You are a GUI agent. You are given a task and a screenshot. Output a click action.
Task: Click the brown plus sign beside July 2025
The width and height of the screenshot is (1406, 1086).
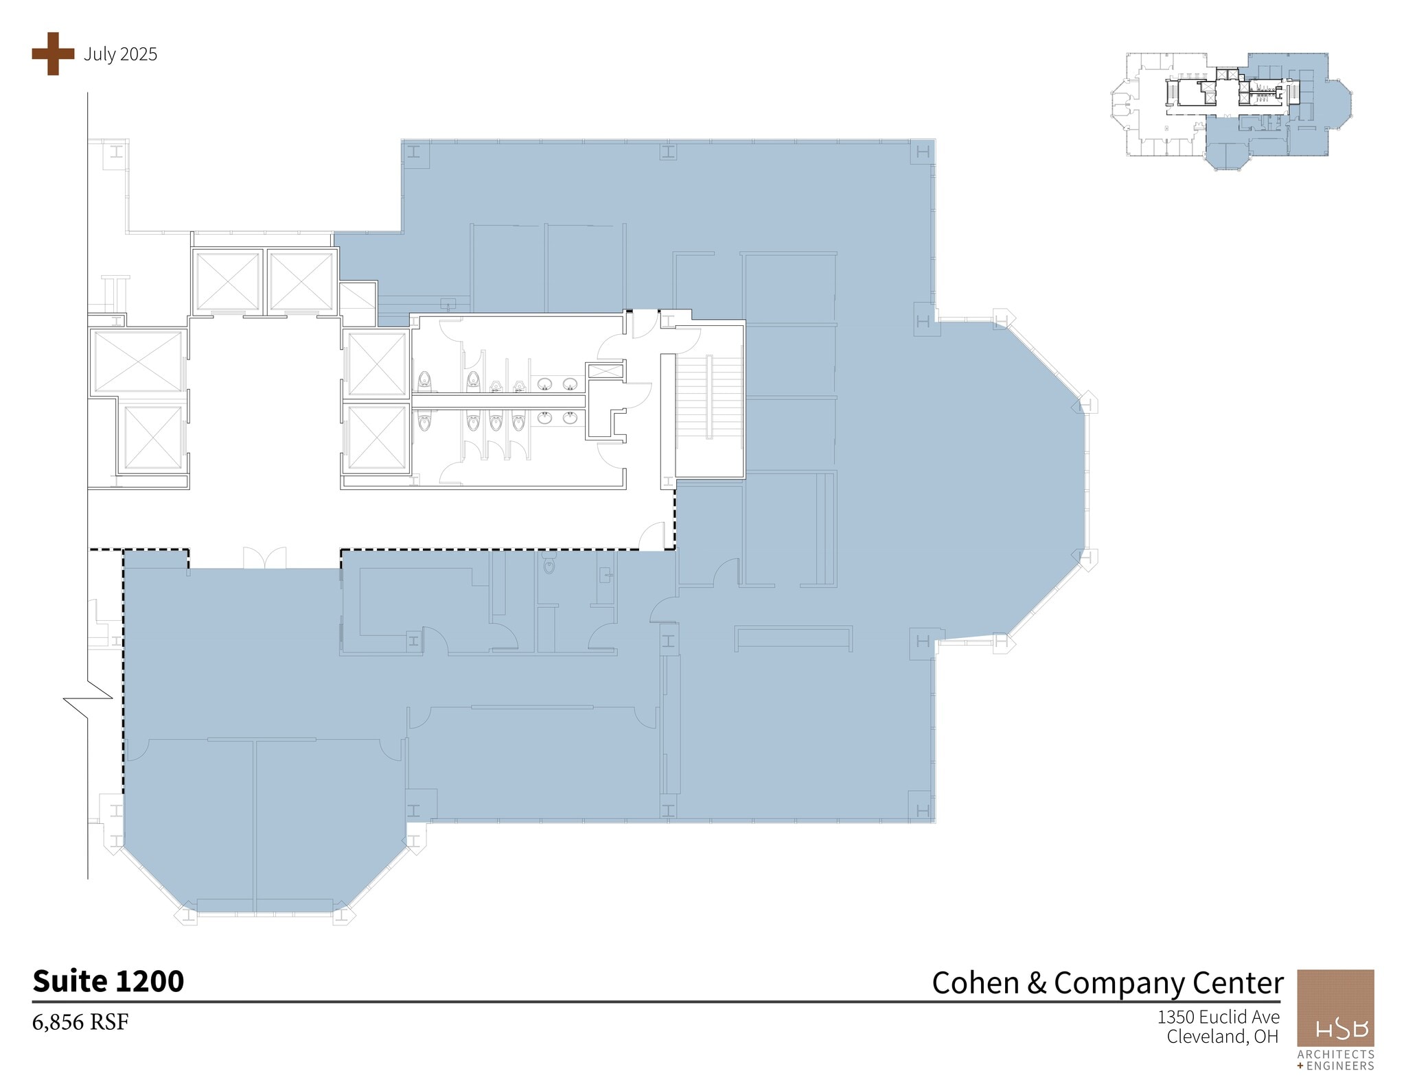(x=53, y=54)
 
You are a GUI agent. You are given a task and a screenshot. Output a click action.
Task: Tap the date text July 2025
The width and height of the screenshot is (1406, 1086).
(x=120, y=54)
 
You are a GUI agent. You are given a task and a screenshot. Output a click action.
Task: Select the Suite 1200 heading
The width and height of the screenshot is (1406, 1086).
(x=108, y=981)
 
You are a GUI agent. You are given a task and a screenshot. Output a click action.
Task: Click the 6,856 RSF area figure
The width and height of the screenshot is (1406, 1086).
(x=80, y=1022)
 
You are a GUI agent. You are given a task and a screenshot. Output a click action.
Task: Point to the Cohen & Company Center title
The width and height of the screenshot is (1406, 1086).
(x=1107, y=982)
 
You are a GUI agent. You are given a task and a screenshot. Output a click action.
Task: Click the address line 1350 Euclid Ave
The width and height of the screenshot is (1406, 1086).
(x=1218, y=1016)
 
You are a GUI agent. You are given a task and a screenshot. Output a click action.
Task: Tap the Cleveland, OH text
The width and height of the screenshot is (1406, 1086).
(x=1222, y=1036)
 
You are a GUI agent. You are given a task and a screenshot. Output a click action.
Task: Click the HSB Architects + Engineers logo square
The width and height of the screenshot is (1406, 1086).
(x=1335, y=1008)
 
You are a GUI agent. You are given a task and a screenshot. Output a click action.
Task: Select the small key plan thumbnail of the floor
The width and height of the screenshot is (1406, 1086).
(x=1232, y=112)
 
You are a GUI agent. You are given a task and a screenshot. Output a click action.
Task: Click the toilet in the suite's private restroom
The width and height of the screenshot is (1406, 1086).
(x=549, y=566)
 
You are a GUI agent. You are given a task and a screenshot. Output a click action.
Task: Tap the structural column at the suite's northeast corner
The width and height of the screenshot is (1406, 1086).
(x=923, y=152)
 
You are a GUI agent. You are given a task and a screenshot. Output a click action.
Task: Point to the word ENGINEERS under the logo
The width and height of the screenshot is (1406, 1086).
(x=1339, y=1065)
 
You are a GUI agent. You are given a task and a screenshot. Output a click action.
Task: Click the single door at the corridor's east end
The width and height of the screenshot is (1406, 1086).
(x=652, y=536)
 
